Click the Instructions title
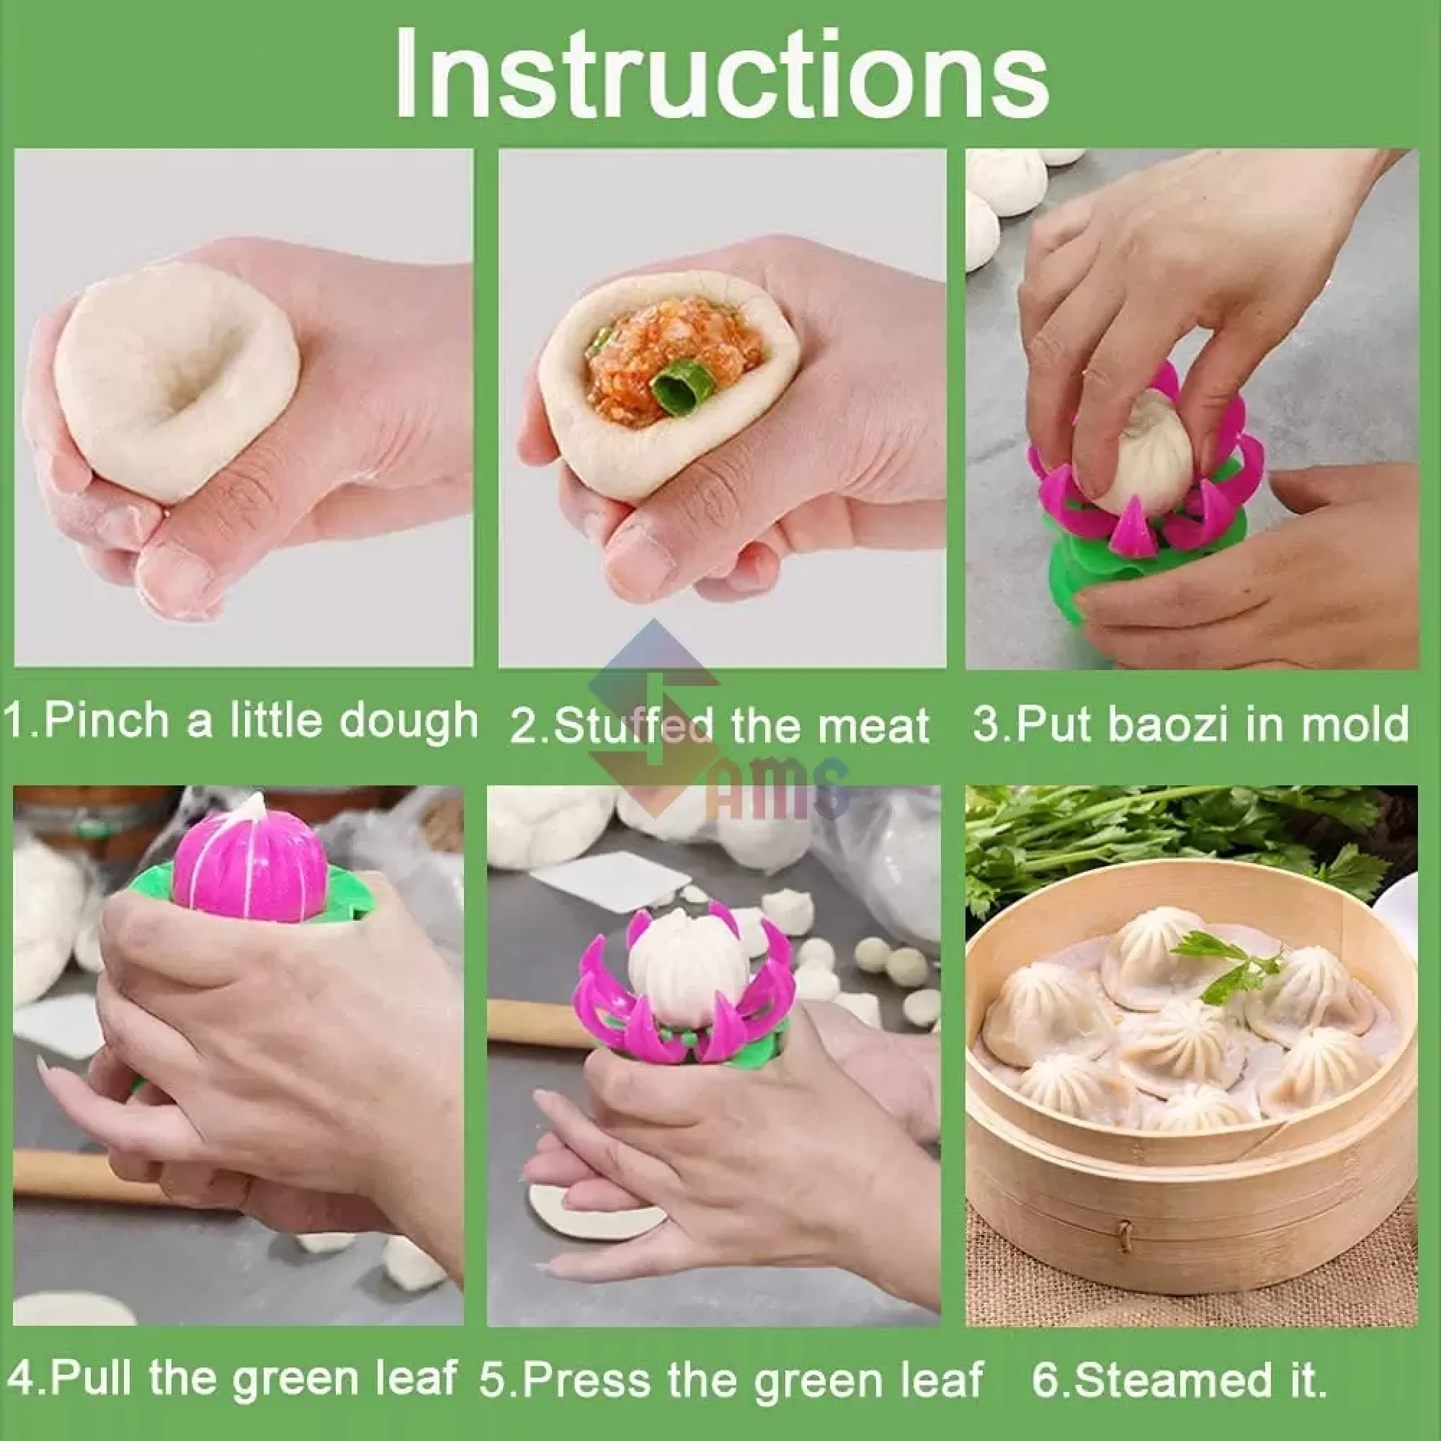[x=720, y=75]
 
